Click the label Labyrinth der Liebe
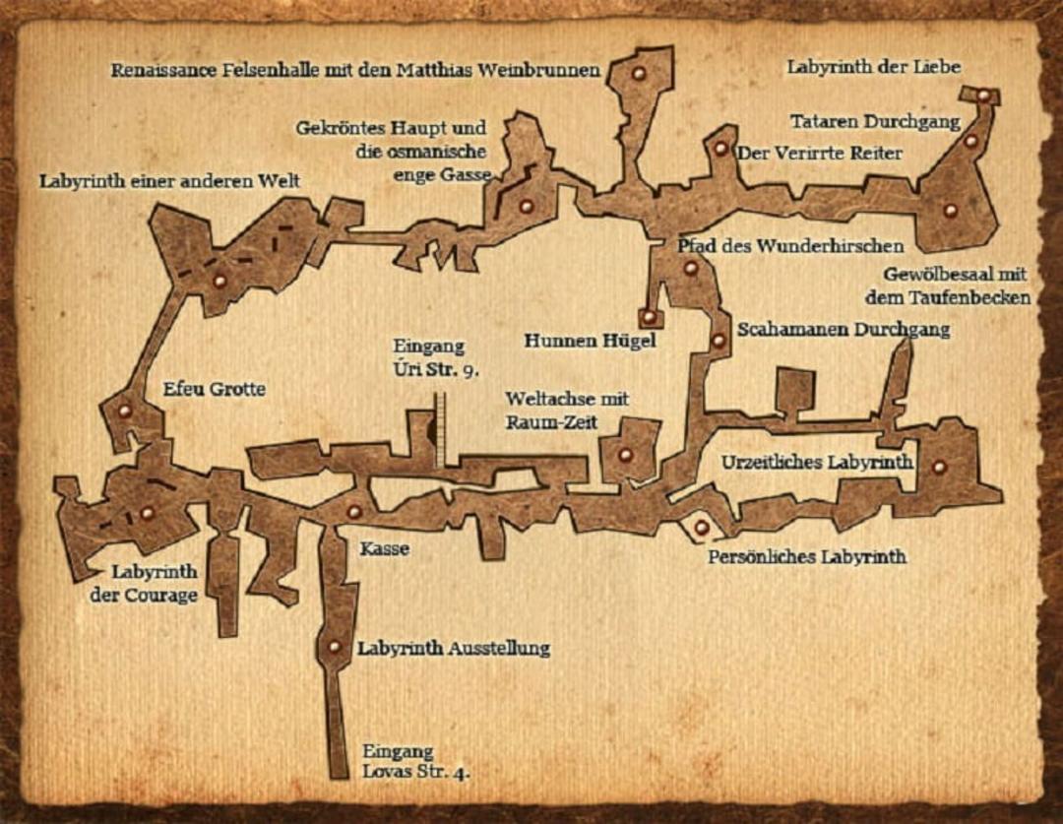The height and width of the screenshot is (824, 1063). pos(874,67)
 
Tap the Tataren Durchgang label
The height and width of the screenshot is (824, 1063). pos(875,122)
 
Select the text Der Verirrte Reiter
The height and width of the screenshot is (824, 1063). pos(820,154)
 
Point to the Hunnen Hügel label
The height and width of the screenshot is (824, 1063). pos(590,341)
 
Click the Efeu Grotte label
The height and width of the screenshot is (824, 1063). pos(215,389)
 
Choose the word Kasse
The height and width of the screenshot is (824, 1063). pos(385,548)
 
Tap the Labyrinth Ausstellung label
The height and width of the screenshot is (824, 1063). pos(454,649)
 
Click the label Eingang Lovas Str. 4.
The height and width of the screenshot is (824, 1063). pos(415,762)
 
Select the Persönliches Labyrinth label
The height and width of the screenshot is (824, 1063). pos(807,557)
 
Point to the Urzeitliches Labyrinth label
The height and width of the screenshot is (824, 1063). pos(817,463)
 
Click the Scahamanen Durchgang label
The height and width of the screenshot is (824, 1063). pos(844,330)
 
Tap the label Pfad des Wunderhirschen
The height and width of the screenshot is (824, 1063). pos(790,245)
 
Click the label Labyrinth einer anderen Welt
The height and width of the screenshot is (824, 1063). pos(169,182)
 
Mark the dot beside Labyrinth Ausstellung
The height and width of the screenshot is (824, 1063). pos(334,647)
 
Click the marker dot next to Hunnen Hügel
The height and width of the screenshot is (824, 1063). pos(649,316)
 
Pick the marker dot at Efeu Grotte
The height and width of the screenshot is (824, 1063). pos(124,411)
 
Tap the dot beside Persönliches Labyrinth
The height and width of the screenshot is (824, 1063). pos(701,527)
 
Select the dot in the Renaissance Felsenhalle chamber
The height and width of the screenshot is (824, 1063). pos(639,73)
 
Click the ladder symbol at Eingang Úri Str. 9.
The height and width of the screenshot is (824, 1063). pos(439,430)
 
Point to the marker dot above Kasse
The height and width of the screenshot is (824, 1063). pos(354,511)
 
